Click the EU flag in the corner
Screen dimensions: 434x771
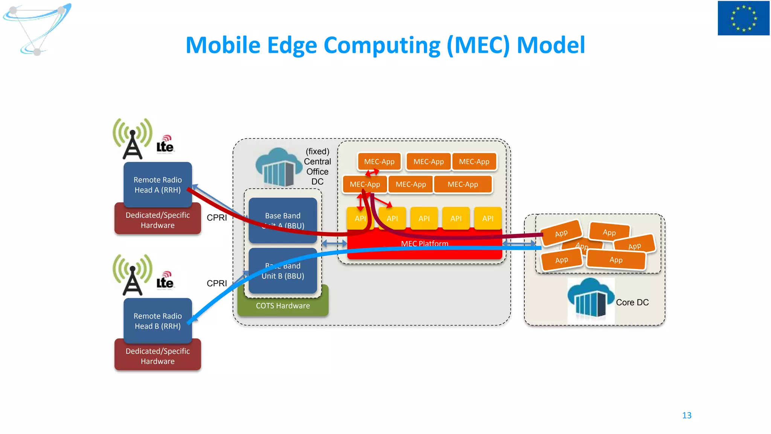[743, 18]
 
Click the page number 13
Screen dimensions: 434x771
[687, 415]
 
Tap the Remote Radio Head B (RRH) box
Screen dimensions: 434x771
[157, 321]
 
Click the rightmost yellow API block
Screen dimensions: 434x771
[488, 218]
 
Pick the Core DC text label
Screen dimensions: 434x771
[632, 302]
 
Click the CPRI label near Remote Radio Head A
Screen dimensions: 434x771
[216, 217]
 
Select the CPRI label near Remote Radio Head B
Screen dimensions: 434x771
[216, 283]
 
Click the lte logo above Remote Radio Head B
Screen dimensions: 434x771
[165, 281]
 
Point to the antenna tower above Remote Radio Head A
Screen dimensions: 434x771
[133, 141]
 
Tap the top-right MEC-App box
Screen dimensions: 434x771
[474, 162]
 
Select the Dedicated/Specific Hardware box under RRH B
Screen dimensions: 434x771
[157, 356]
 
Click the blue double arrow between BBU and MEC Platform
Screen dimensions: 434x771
[334, 244]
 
